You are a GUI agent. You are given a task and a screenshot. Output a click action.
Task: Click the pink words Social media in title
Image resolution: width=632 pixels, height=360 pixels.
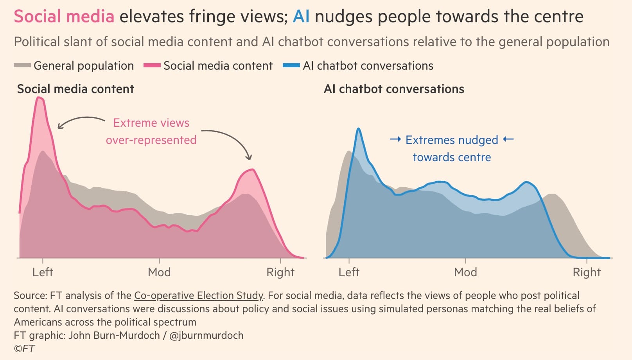pyautogui.click(x=64, y=17)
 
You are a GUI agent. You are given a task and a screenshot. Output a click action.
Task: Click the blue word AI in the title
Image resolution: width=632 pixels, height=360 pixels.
pyautogui.click(x=301, y=17)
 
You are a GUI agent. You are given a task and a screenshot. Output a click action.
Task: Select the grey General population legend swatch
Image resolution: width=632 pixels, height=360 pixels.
pyautogui.click(x=22, y=66)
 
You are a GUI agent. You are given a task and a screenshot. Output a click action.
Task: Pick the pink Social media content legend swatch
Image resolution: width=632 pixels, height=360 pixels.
pyautogui.click(x=152, y=66)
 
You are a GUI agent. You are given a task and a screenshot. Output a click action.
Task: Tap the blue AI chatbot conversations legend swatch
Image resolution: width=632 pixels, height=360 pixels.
pyautogui.click(x=291, y=66)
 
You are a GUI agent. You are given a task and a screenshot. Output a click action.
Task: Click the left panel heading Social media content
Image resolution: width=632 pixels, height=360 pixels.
pyautogui.click(x=75, y=89)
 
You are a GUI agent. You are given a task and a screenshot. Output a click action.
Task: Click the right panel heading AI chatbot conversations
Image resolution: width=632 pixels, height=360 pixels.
pyautogui.click(x=394, y=89)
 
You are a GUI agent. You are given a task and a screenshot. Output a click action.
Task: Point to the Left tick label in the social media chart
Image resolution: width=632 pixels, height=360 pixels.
pyautogui.click(x=43, y=272)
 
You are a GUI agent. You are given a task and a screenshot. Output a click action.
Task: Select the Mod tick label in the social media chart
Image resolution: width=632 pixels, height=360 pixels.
pyautogui.click(x=159, y=272)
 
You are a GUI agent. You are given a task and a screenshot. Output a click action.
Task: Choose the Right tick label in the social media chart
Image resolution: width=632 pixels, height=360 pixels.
pyautogui.click(x=280, y=272)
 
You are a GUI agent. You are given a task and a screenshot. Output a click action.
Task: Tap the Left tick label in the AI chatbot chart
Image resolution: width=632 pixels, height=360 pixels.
pyautogui.click(x=349, y=272)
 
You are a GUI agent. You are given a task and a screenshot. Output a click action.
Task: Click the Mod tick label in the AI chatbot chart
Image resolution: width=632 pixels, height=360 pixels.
pyautogui.click(x=465, y=272)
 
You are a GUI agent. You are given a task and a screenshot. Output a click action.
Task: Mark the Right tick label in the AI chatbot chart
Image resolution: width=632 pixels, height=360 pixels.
pyautogui.click(x=587, y=272)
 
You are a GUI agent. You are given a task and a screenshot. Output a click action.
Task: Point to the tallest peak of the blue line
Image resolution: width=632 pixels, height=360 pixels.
pyautogui.click(x=358, y=129)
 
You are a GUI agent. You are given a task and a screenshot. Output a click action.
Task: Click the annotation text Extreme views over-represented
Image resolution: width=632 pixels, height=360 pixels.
pyautogui.click(x=151, y=131)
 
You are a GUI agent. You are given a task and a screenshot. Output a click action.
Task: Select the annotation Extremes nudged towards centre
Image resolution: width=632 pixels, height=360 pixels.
pyautogui.click(x=452, y=149)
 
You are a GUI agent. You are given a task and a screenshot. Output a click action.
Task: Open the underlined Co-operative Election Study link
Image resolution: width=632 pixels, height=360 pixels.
pyautogui.click(x=199, y=295)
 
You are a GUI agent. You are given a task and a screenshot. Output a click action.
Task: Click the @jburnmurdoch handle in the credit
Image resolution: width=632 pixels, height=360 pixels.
pyautogui.click(x=206, y=335)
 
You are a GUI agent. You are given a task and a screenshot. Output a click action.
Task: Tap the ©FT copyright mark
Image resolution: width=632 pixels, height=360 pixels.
pyautogui.click(x=24, y=348)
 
